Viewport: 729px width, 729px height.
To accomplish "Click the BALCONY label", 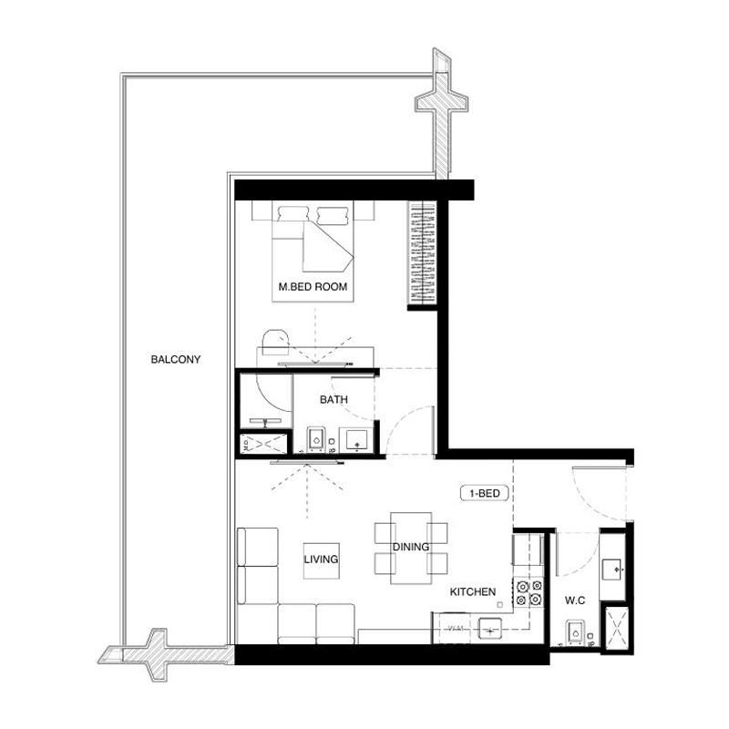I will (176, 359).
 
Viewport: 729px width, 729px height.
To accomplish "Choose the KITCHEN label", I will (473, 592).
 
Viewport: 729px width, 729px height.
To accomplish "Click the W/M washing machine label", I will (454, 629).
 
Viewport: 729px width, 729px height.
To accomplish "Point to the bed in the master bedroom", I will (314, 239).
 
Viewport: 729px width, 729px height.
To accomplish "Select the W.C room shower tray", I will (616, 628).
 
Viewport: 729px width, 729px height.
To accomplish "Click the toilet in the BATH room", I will (315, 440).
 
